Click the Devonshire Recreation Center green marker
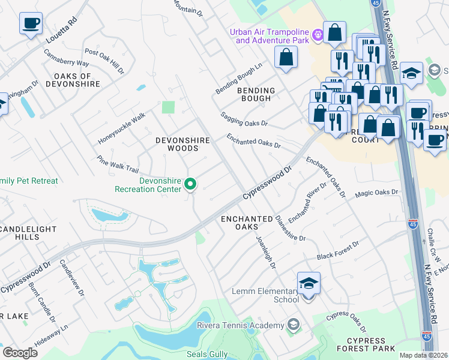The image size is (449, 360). (190, 184)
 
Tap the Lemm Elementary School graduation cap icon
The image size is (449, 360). (309, 284)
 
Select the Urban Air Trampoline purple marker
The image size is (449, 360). (318, 36)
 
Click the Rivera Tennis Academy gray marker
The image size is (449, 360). (293, 325)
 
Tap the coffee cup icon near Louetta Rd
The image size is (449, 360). (31, 24)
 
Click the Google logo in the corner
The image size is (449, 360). (20, 352)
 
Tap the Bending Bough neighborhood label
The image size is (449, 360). (256, 95)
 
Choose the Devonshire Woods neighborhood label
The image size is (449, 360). (182, 144)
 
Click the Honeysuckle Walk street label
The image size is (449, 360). (122, 128)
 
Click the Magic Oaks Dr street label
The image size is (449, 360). (376, 193)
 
